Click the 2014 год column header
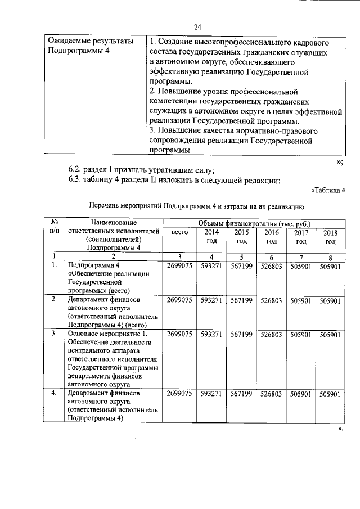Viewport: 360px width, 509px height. point(211,236)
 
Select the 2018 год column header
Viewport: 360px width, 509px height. point(330,237)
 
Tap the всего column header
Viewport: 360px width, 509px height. point(179,232)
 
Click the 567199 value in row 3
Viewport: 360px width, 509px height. point(242,334)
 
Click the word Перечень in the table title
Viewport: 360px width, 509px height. point(107,206)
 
